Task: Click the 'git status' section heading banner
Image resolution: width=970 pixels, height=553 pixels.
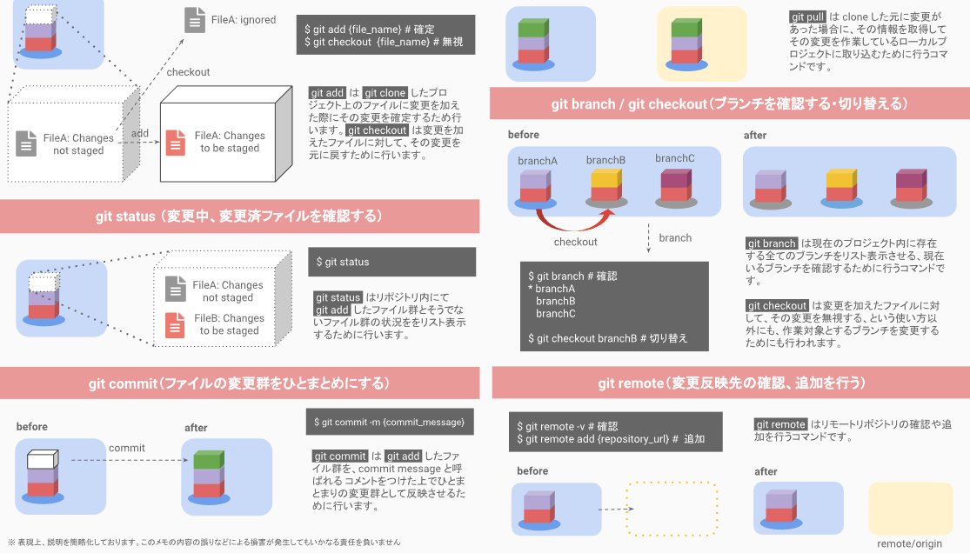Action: pos(238,216)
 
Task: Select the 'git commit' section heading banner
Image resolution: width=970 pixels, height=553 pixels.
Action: pos(238,383)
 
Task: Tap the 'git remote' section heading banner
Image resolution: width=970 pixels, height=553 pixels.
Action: pos(731,383)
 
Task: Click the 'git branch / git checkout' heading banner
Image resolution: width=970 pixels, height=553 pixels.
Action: pos(731,104)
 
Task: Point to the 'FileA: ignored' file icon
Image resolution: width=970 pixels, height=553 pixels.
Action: pos(195,20)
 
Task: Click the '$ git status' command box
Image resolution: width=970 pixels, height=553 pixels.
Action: pos(391,262)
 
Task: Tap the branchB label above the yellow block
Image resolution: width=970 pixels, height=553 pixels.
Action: pos(605,160)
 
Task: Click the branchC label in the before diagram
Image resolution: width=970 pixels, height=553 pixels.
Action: pos(675,158)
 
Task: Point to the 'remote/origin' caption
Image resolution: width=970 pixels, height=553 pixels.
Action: pos(909,543)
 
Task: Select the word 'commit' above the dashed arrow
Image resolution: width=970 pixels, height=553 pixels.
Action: pos(126,447)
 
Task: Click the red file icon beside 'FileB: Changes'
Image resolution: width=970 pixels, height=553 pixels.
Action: pos(177,324)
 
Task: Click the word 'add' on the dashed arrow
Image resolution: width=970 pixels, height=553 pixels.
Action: pos(139,133)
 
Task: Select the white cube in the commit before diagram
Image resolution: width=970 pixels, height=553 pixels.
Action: pos(41,458)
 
